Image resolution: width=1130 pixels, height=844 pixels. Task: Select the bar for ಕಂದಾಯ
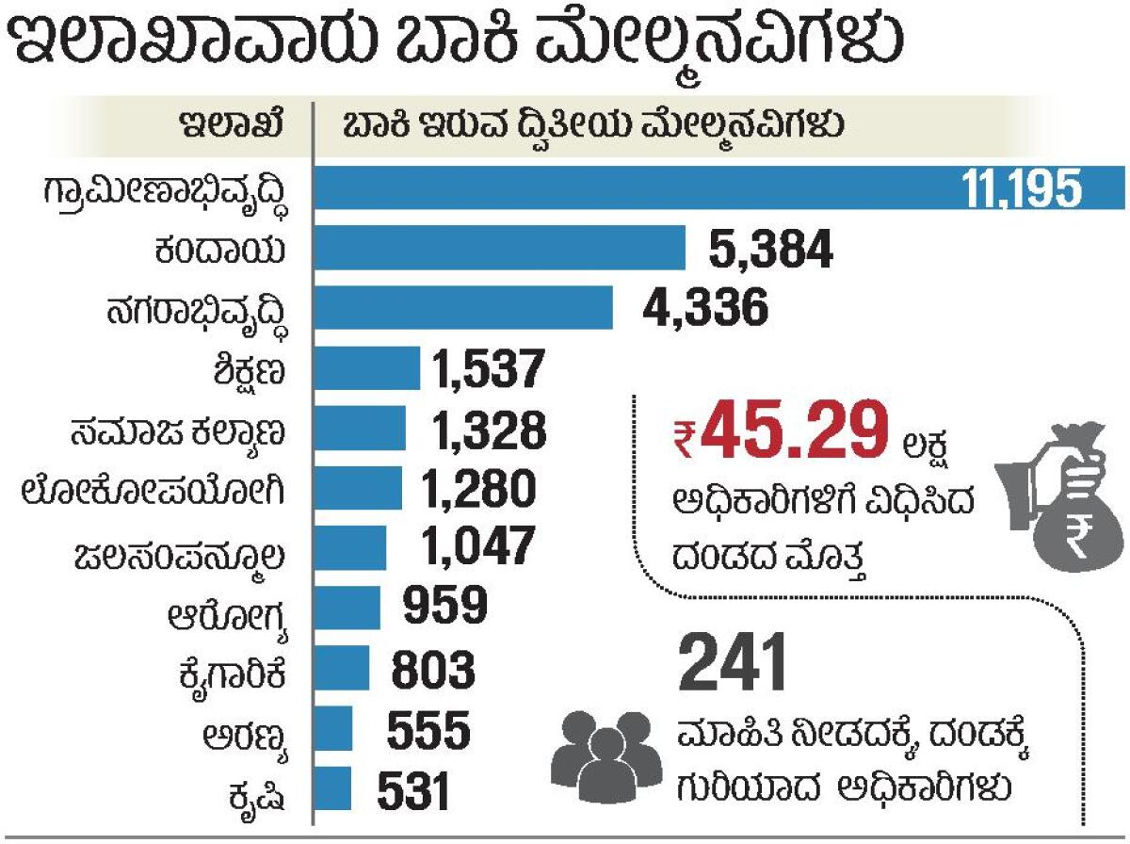499,248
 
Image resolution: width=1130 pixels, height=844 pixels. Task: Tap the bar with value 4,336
462,308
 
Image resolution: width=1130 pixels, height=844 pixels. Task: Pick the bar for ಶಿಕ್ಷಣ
366,368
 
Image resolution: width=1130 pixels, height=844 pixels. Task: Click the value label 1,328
489,430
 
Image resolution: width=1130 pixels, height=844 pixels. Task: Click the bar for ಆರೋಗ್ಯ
347,608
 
